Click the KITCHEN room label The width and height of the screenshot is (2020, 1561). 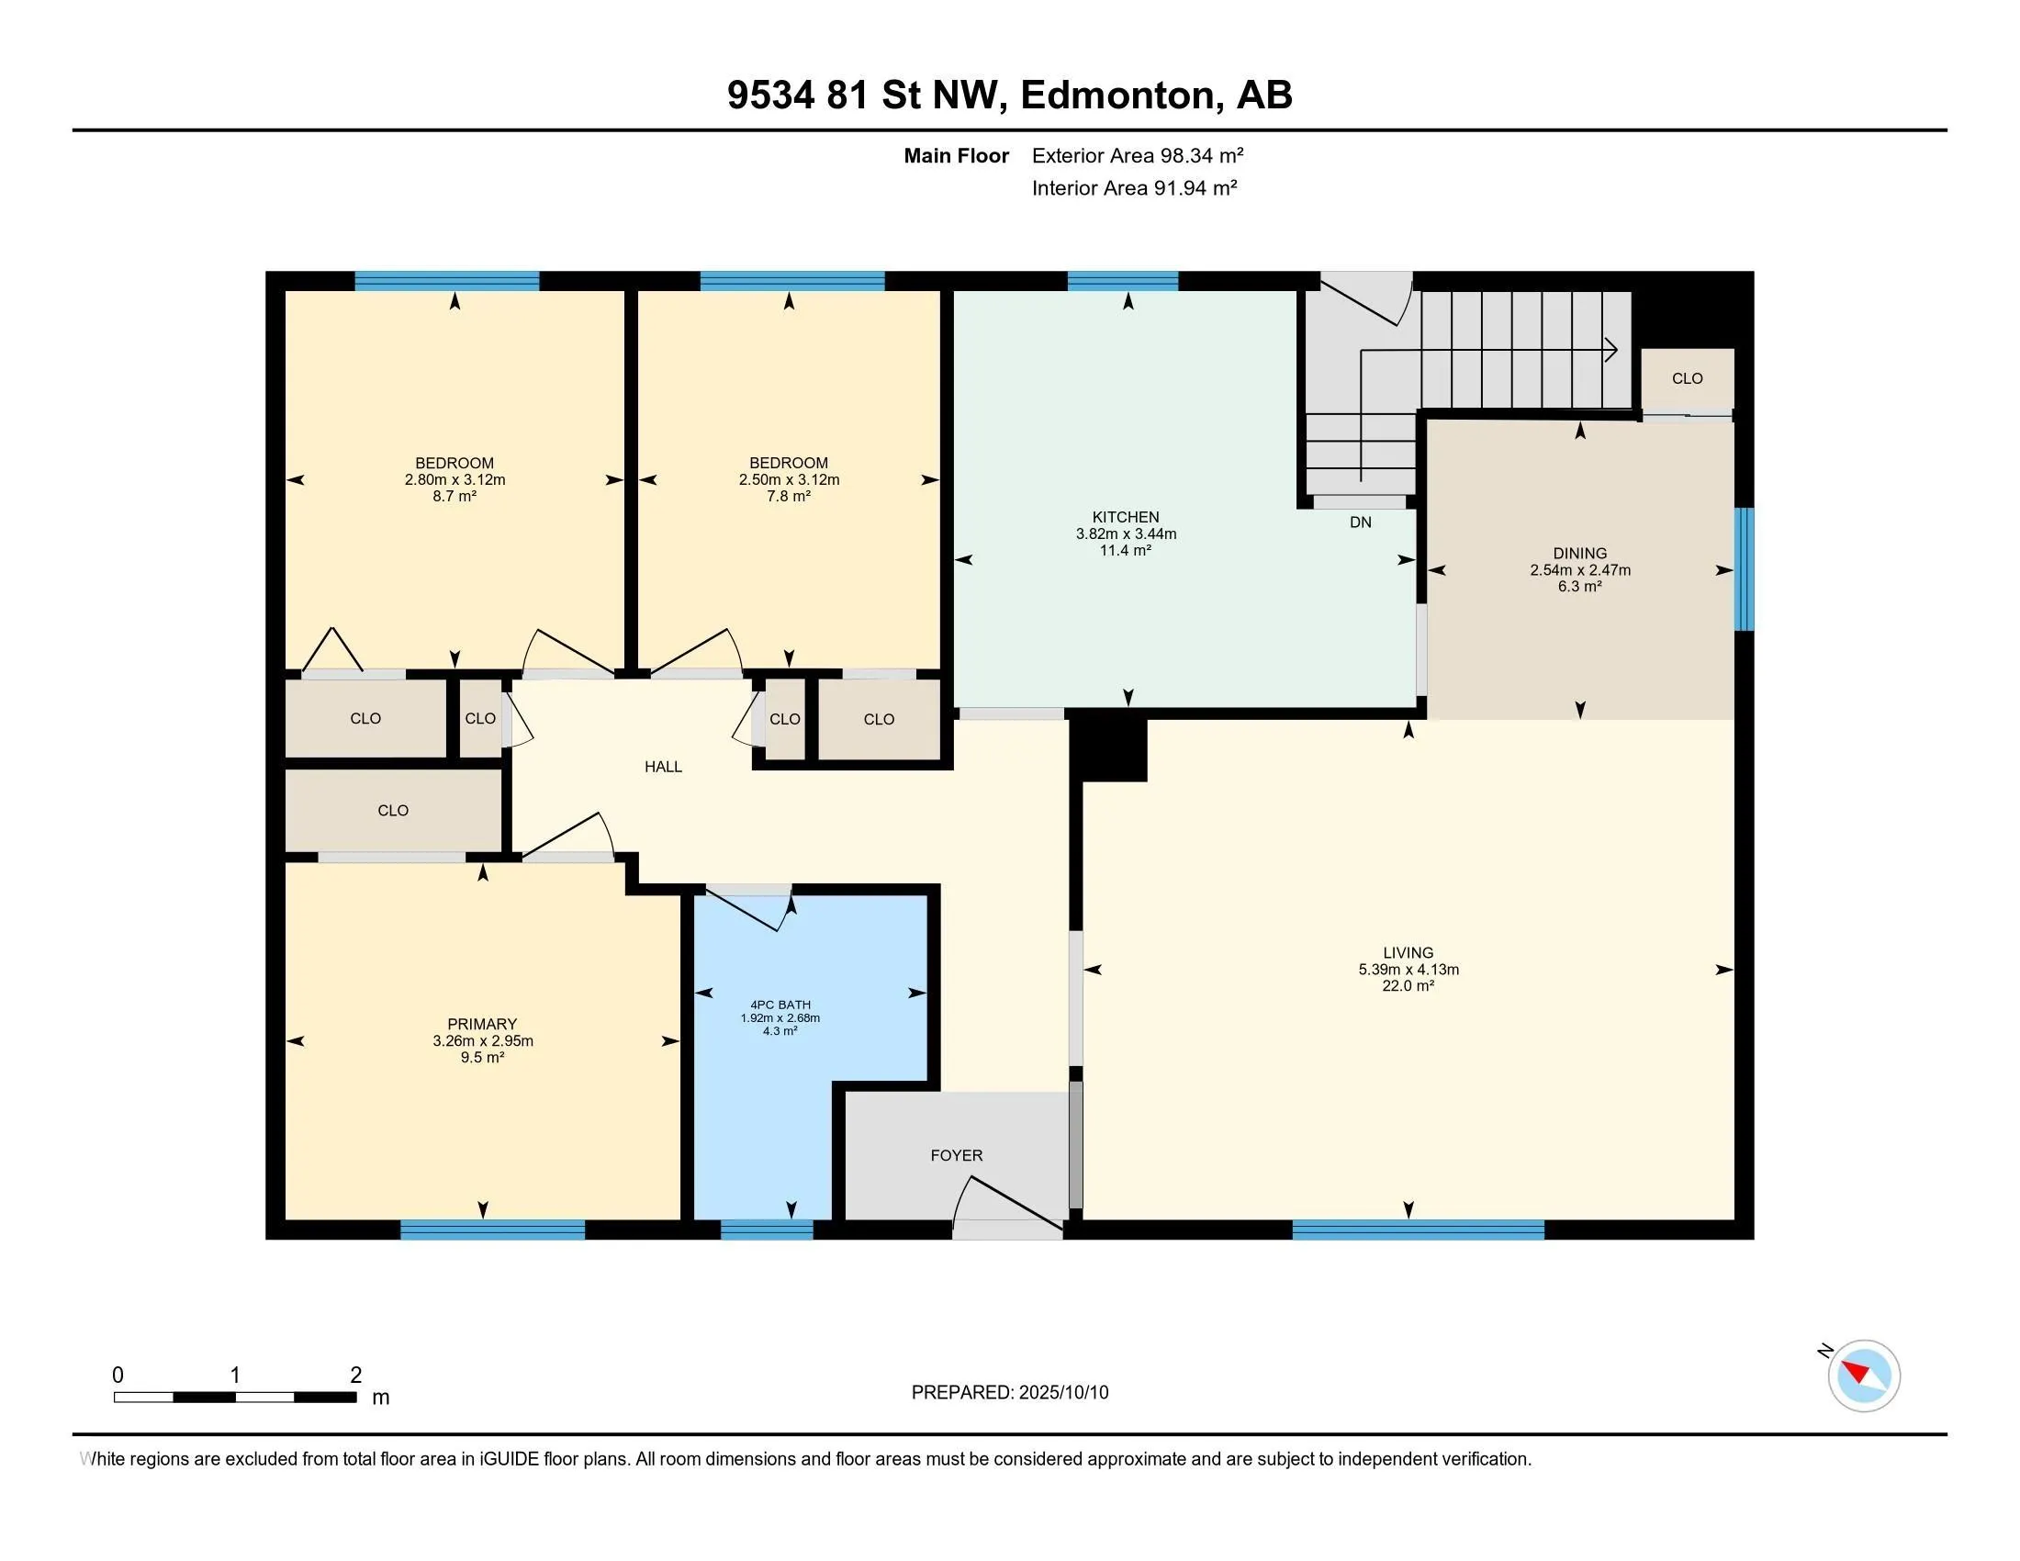(1126, 517)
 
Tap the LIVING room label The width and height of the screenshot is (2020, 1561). (1408, 952)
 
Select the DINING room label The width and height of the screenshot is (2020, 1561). (1580, 554)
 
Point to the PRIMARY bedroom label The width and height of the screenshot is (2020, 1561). (482, 1024)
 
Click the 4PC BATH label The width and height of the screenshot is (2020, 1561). (780, 1005)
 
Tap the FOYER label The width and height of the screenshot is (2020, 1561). (957, 1155)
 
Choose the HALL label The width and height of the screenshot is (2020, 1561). (663, 767)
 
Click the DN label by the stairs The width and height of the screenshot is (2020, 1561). (1361, 522)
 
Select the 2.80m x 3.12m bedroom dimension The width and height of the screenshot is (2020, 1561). (454, 480)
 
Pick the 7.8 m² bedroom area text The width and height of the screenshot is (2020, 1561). (788, 496)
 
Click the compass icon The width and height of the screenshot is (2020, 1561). (1864, 1376)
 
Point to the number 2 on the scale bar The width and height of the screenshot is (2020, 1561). (355, 1376)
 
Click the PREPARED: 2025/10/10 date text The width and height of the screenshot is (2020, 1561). (1009, 1393)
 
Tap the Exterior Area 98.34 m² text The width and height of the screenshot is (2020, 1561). (1138, 155)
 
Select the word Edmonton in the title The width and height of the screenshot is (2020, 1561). (1117, 95)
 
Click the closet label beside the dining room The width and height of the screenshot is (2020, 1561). (1687, 378)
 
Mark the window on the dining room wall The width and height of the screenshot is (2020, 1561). (1744, 568)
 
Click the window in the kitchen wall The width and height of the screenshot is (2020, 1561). (1123, 281)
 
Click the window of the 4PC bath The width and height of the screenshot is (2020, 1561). (767, 1229)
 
